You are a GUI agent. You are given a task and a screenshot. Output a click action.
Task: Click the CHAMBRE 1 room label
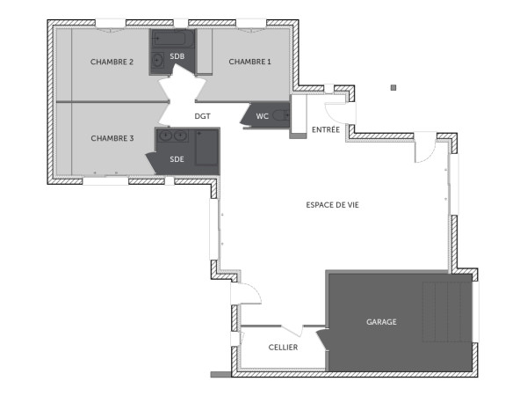249,62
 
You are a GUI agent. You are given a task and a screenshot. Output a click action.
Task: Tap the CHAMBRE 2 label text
112,62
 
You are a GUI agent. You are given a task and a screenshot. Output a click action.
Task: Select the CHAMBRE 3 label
112,138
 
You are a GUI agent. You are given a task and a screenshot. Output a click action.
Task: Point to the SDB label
177,56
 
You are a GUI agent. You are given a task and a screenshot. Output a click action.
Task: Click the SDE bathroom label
177,158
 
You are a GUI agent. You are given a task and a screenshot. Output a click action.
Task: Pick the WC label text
262,116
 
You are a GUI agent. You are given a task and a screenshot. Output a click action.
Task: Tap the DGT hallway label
204,115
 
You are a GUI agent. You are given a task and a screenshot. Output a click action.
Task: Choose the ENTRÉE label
326,129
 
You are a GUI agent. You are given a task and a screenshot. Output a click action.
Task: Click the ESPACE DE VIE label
332,204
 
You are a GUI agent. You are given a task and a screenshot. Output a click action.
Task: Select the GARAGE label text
381,322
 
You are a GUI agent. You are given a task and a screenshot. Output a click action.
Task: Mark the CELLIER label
283,348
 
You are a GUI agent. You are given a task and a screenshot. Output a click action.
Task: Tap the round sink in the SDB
158,60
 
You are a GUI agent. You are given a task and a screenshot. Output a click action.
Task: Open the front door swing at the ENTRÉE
334,110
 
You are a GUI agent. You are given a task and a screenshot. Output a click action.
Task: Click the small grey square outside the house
393,87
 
